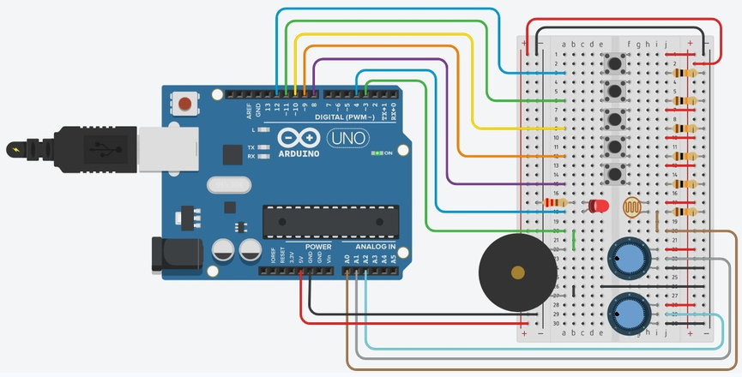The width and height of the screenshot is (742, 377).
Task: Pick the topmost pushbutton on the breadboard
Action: click(x=614, y=64)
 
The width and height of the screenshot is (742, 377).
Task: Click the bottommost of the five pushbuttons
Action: click(x=614, y=176)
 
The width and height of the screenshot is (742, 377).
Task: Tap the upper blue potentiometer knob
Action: click(x=627, y=256)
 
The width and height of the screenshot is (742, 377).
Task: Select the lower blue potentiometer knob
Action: click(x=627, y=314)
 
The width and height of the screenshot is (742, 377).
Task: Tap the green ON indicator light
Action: click(x=377, y=153)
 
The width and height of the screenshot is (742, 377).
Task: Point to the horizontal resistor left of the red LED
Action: click(x=556, y=203)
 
